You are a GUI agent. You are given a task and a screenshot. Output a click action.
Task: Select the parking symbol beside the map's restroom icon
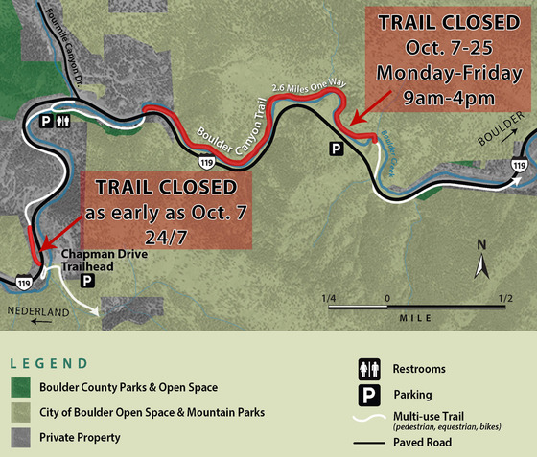pyautogui.click(x=44, y=122)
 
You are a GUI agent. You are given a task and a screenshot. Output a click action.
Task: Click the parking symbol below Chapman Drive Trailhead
pyautogui.click(x=87, y=281)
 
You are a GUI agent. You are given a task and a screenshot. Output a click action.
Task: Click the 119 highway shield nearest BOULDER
pyautogui.click(x=519, y=166)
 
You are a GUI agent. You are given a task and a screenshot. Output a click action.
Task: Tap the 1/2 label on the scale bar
pyautogui.click(x=505, y=299)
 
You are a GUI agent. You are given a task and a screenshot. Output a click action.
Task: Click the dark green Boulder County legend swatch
pyautogui.click(x=20, y=388)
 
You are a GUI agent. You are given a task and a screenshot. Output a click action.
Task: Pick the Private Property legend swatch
pyautogui.click(x=20, y=438)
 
